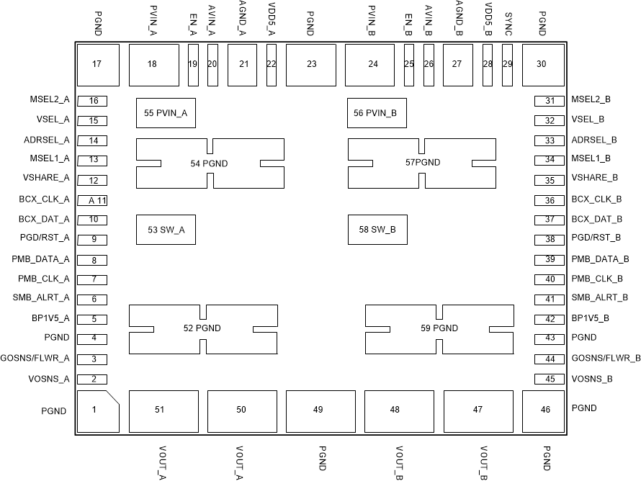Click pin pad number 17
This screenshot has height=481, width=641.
97,65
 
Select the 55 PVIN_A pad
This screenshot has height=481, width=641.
166,113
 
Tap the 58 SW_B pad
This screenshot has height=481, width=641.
377,229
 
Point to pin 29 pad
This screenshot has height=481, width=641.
507,65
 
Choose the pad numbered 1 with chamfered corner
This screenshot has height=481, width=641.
97,411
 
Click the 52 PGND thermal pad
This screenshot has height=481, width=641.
202,329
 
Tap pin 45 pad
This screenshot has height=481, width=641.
549,379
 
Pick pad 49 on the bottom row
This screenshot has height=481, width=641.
318,410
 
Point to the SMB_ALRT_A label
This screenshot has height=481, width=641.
41,297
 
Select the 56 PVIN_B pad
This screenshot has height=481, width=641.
377,113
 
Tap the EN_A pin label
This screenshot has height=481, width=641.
192,24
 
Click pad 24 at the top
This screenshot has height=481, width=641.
372,65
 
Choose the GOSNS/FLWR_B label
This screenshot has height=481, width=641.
606,358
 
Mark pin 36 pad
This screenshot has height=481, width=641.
549,201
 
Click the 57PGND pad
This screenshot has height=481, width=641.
422,163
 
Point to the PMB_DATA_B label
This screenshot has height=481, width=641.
601,259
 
